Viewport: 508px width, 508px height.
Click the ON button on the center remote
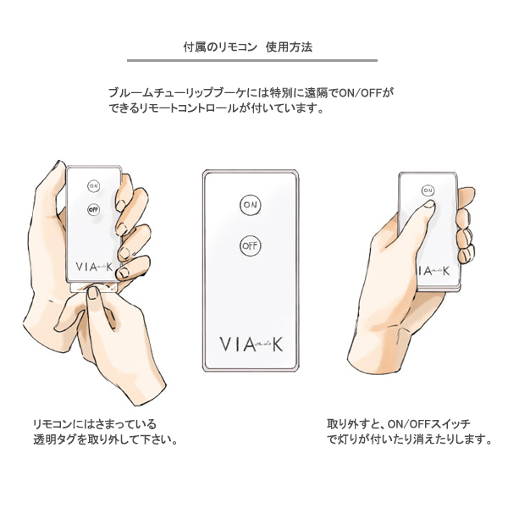(250, 205)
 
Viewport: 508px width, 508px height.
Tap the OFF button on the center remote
(250, 246)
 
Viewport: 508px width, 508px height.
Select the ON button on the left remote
(93, 186)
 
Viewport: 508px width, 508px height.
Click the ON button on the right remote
(428, 190)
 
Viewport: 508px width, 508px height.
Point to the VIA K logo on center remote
(251, 344)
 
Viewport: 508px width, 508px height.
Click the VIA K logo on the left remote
(94, 267)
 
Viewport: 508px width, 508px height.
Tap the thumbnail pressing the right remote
(429, 204)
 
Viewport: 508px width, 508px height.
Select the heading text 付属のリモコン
(220, 47)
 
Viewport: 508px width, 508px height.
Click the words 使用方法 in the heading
(289, 47)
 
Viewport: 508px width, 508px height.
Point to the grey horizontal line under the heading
(252, 60)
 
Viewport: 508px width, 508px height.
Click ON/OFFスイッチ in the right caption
(429, 424)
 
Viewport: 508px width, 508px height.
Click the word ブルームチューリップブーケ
(177, 93)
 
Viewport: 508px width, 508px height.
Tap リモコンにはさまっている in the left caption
(95, 424)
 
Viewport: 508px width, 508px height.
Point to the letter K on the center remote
(278, 344)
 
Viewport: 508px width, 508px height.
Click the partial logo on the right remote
(433, 271)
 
